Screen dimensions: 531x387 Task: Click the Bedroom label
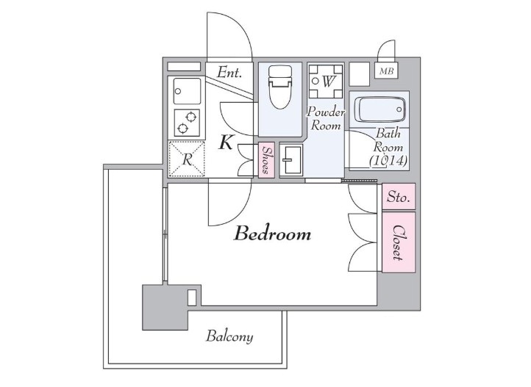(x=272, y=234)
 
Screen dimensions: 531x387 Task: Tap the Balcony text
(x=229, y=336)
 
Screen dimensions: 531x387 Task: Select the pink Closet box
(x=399, y=242)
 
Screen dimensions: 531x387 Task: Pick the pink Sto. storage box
(x=399, y=196)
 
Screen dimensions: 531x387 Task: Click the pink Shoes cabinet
(x=266, y=160)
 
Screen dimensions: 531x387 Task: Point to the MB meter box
(x=386, y=71)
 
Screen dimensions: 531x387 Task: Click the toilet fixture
(x=279, y=87)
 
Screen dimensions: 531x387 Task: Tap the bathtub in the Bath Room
(x=379, y=109)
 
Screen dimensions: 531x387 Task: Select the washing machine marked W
(x=326, y=81)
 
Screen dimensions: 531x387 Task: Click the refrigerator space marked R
(x=187, y=159)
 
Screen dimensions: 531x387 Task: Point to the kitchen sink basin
(x=187, y=91)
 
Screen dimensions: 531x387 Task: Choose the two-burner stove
(x=187, y=123)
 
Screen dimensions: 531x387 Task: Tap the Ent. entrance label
(x=229, y=72)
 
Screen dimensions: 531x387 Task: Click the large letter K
(x=226, y=142)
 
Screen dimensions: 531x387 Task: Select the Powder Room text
(x=326, y=119)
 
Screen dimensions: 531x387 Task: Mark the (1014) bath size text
(x=388, y=160)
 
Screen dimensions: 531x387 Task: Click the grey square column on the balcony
(x=165, y=307)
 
